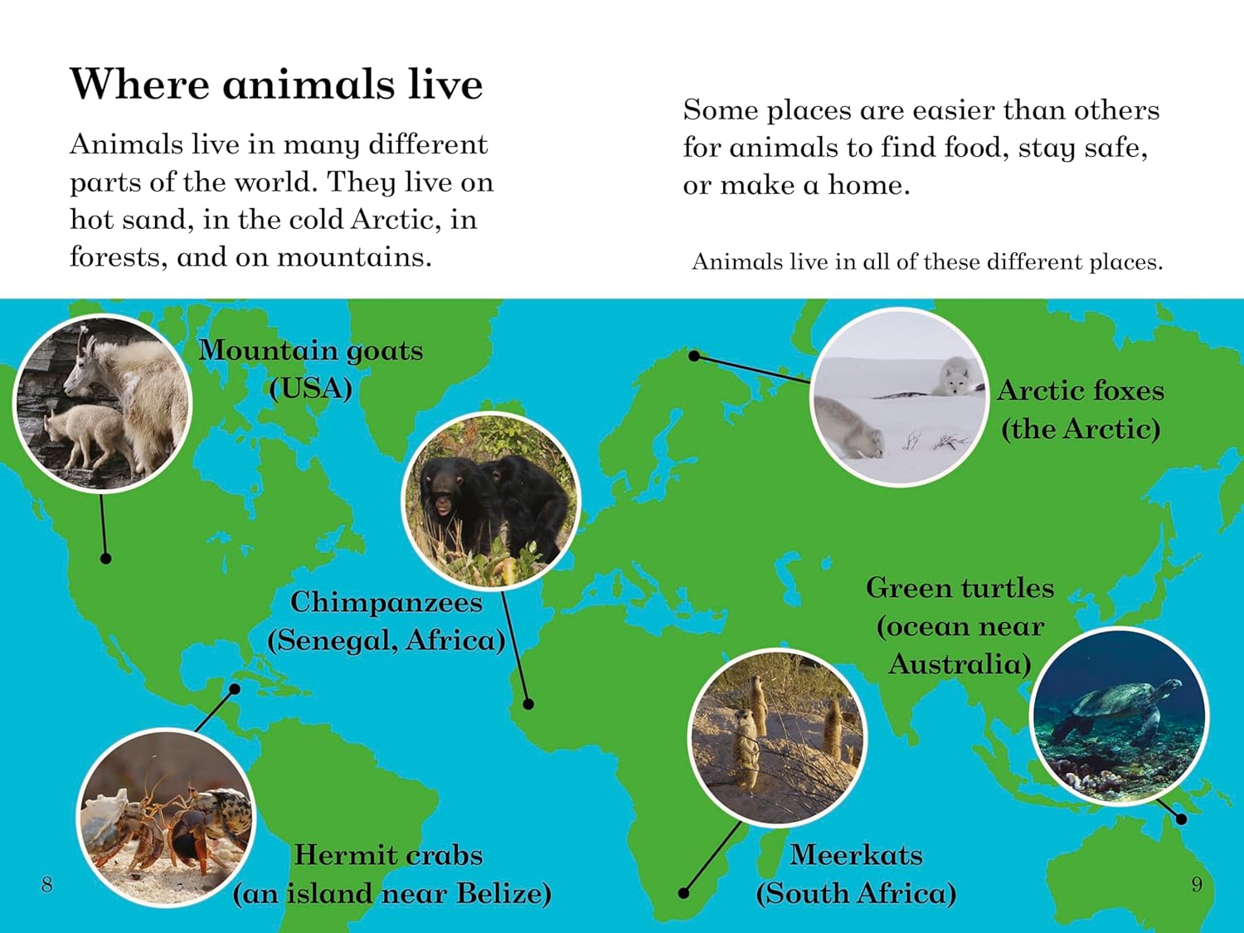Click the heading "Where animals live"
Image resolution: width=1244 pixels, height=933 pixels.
click(276, 85)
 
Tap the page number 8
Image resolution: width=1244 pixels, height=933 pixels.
click(47, 884)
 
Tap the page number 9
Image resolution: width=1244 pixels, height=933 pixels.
click(1197, 884)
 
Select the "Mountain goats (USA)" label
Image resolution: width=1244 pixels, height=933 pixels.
click(310, 369)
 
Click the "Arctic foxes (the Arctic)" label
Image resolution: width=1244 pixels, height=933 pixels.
click(1081, 410)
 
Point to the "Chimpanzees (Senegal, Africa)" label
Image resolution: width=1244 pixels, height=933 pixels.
click(386, 621)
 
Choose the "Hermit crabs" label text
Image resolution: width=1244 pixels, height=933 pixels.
click(388, 855)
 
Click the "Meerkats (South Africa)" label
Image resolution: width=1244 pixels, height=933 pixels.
click(856, 874)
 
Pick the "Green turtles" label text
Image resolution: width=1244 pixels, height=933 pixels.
click(960, 588)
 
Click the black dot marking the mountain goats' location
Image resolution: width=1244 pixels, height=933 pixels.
click(105, 558)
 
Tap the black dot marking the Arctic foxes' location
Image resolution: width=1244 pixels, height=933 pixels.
click(694, 356)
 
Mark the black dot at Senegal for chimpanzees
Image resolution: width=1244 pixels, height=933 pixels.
click(528, 704)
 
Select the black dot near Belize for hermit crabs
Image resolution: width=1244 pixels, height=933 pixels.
click(235, 689)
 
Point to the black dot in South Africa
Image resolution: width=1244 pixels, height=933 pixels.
click(683, 893)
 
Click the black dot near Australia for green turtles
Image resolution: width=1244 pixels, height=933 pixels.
click(1181, 819)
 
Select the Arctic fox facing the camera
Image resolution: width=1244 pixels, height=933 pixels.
click(955, 377)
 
